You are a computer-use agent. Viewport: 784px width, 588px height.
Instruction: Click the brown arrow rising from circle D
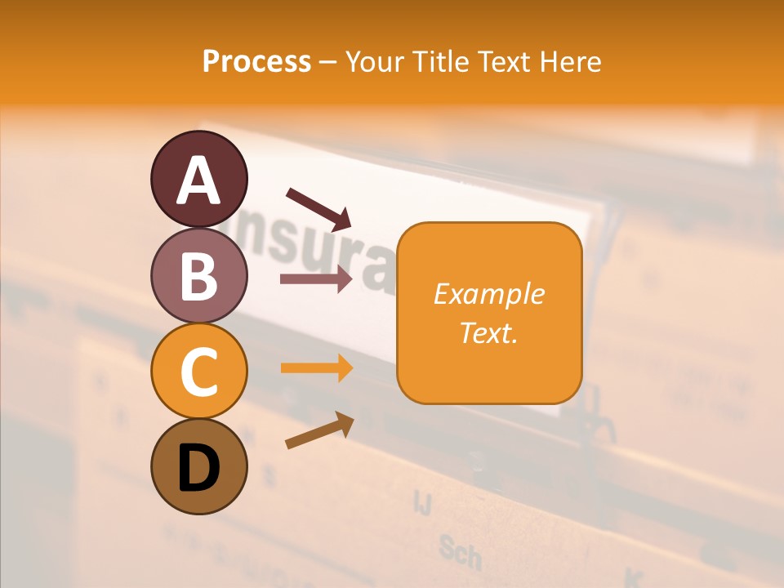[x=319, y=430]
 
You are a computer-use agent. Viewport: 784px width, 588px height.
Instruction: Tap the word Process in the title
[x=256, y=61]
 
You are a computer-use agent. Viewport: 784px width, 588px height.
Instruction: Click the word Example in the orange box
[x=488, y=294]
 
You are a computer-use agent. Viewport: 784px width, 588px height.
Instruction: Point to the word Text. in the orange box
[x=488, y=332]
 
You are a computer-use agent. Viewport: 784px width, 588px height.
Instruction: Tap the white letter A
[x=198, y=180]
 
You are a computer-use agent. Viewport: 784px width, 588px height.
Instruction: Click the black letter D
[x=198, y=468]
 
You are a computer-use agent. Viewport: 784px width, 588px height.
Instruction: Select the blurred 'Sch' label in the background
[x=459, y=553]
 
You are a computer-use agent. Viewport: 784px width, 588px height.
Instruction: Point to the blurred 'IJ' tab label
[x=422, y=501]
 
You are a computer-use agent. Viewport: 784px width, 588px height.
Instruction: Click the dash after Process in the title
[x=327, y=61]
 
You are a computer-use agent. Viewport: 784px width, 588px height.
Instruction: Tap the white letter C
[x=198, y=372]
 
